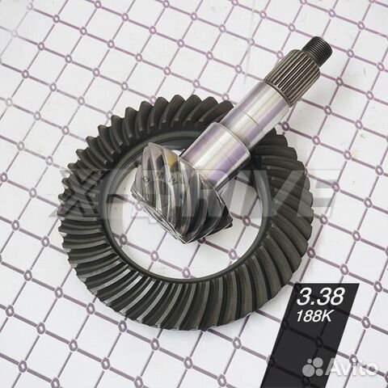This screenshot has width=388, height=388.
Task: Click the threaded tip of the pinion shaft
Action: [321, 50]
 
